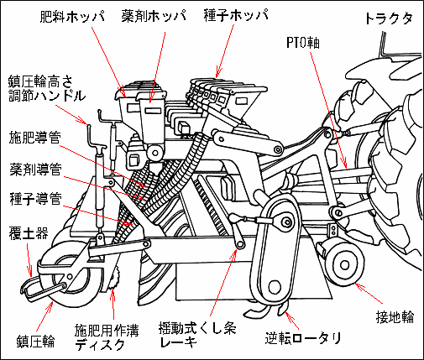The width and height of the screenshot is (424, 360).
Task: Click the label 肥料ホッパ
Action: coord(72,17)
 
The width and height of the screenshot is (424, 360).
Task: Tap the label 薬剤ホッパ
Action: coord(154,17)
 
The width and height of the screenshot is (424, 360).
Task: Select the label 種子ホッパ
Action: coord(236,15)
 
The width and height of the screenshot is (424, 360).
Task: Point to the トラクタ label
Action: coord(389,19)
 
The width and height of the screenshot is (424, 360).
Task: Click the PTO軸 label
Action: coord(303,43)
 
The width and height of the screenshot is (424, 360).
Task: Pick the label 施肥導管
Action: coord(35,138)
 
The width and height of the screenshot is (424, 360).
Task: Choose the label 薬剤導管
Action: coord(35,169)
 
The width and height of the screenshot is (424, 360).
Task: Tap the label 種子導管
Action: coord(35,199)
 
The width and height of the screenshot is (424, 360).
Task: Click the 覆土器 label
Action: coord(29,233)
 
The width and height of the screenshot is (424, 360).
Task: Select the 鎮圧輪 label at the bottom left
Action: coord(35,342)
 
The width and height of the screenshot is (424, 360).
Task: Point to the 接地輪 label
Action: coord(395,317)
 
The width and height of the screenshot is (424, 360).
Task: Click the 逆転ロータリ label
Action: coord(303,338)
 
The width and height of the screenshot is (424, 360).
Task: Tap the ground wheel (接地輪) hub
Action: coord(344,264)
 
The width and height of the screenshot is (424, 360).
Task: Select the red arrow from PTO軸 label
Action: coord(328,110)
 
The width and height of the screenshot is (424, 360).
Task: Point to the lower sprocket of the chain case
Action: coord(274,287)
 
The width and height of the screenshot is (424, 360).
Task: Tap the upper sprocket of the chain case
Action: coord(286,222)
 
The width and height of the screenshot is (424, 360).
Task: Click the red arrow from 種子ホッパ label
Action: coord(224,51)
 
